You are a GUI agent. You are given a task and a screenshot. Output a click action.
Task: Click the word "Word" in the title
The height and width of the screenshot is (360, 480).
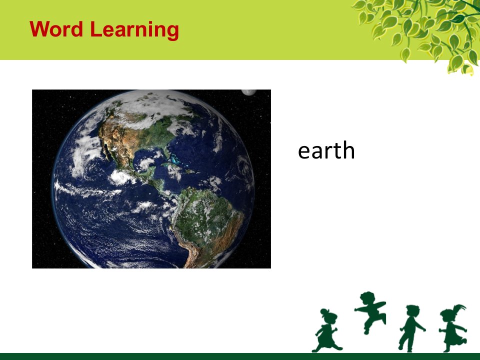56,29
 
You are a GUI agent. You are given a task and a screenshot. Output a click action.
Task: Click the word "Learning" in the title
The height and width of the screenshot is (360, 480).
134,30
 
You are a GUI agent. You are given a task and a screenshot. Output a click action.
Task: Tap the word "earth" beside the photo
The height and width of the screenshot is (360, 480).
326,150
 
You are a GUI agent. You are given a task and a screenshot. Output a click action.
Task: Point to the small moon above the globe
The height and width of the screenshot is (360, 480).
248,92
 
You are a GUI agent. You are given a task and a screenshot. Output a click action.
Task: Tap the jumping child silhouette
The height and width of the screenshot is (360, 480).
370,312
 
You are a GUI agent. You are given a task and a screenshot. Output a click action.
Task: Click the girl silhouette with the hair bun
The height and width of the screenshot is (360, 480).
327,330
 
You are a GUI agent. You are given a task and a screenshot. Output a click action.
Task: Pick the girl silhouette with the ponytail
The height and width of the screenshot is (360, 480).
453,328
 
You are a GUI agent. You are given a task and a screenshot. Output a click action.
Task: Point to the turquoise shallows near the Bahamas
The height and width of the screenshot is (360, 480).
175,159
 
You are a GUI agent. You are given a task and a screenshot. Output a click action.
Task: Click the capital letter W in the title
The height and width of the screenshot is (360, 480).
39,29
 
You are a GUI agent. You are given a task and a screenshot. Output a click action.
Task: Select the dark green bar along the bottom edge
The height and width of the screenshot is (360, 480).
240,356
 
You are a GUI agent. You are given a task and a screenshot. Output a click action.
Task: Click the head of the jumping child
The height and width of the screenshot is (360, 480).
367,298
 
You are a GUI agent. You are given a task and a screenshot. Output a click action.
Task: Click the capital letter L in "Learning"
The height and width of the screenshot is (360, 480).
95,29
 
